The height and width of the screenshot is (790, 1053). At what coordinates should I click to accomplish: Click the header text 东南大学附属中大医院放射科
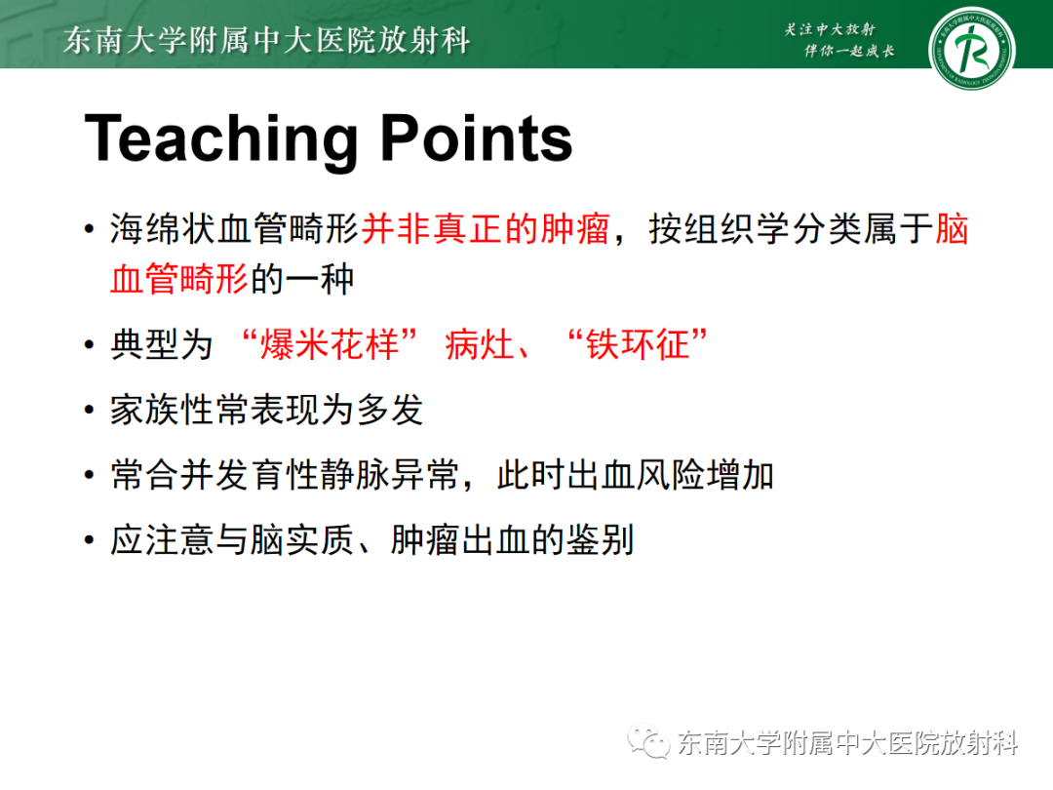[266, 40]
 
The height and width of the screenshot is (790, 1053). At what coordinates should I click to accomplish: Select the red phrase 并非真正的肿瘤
[486, 232]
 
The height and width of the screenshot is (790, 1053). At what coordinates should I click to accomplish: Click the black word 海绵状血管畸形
[234, 232]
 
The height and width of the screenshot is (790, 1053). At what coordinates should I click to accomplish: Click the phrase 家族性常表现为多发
[266, 410]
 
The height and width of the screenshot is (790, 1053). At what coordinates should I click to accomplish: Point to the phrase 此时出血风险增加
[635, 475]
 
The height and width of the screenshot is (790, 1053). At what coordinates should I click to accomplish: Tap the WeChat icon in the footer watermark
[647, 743]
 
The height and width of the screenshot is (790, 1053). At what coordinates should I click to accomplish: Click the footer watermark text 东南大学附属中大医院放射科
[846, 744]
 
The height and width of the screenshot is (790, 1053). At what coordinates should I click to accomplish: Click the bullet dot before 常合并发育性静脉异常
[90, 477]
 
